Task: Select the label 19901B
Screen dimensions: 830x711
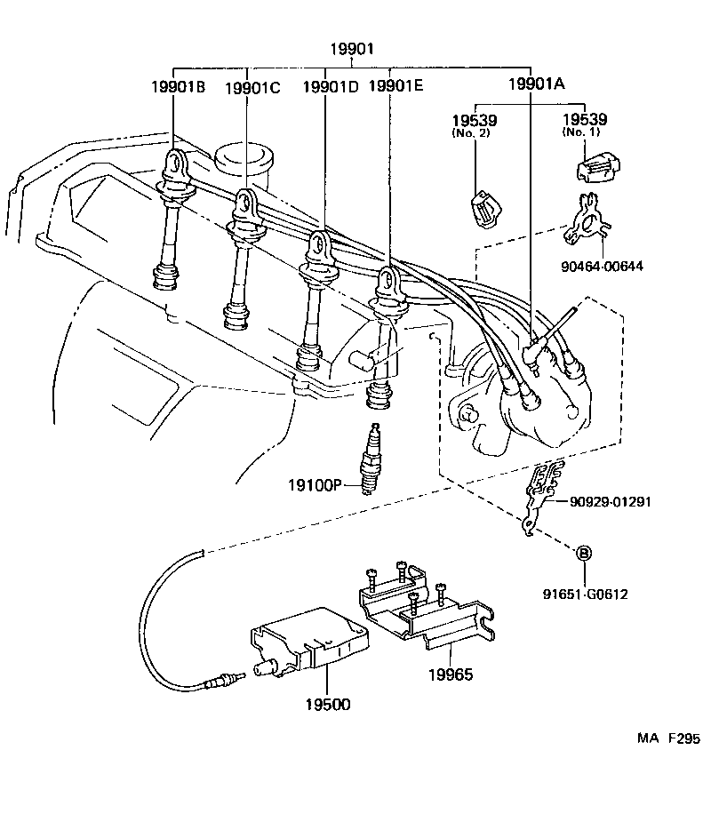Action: coord(178,87)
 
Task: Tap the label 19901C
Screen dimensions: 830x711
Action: coord(252,87)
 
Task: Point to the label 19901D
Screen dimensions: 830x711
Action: coord(331,86)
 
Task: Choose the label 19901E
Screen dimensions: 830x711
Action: coord(395,86)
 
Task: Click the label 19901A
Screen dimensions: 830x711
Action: coord(537,85)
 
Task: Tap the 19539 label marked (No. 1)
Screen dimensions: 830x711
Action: coord(585,119)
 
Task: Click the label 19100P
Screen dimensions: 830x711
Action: coord(314,485)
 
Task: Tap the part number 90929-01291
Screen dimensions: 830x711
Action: coord(611,501)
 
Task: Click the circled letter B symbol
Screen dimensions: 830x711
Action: coord(585,552)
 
